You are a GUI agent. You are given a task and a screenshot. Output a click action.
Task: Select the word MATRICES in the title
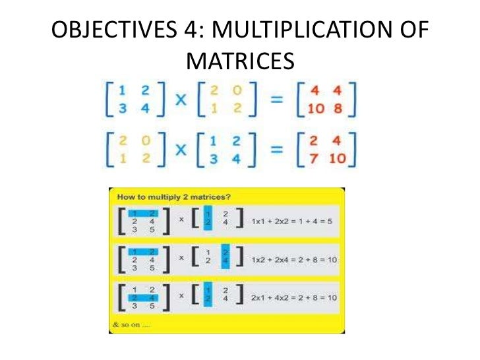pos(239,61)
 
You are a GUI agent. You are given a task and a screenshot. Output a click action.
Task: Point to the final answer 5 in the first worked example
pos(328,221)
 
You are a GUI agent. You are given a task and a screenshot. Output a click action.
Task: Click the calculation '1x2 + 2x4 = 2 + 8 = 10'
pos(294,260)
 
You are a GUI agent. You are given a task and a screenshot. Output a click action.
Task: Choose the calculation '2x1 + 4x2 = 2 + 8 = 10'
pos(294,298)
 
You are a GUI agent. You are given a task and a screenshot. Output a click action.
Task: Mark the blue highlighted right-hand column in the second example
pos(226,260)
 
